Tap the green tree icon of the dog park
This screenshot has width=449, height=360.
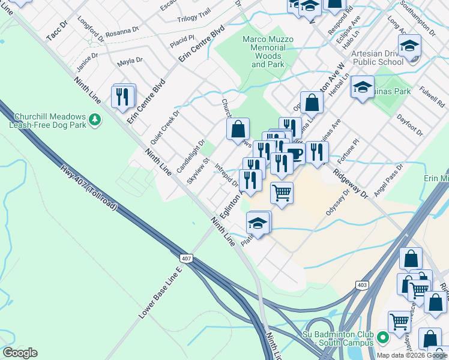pyautogui.click(x=94, y=121)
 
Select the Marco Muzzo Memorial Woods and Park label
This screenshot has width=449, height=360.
pyautogui.click(x=268, y=52)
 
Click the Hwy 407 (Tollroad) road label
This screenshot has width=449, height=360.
pyautogui.click(x=91, y=191)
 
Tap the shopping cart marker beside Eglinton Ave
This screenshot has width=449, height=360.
pyautogui.click(x=282, y=193)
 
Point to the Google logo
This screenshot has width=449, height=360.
pyautogui.click(x=19, y=353)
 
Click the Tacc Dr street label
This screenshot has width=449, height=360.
pyautogui.click(x=57, y=32)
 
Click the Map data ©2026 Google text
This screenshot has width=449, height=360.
pyautogui.click(x=411, y=355)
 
